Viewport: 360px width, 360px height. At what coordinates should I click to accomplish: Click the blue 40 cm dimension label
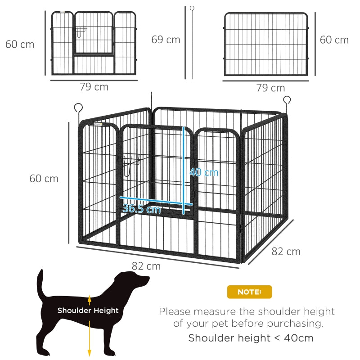(x=204, y=172)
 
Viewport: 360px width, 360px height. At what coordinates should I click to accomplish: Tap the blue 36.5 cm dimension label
(x=141, y=209)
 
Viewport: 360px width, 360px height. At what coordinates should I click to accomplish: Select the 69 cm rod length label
(x=166, y=40)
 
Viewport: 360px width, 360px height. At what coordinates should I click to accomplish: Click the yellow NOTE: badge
(x=249, y=292)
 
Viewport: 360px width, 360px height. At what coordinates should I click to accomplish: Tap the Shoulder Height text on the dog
(x=88, y=310)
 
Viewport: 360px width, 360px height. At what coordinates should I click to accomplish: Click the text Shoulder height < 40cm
(x=251, y=338)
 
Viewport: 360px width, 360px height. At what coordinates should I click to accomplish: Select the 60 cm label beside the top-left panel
(x=20, y=45)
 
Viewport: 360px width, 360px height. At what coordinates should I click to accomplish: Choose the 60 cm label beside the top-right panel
(x=334, y=40)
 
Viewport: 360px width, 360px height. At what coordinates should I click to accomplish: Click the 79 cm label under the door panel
(x=94, y=87)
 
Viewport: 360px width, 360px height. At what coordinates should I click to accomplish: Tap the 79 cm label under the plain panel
(x=270, y=88)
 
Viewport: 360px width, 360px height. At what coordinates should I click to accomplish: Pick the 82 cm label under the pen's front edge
(x=146, y=266)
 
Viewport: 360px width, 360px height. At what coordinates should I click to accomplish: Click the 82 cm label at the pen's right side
(x=286, y=251)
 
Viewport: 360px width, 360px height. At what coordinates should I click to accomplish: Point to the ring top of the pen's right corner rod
(x=287, y=100)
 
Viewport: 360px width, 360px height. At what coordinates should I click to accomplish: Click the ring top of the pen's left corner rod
(x=79, y=108)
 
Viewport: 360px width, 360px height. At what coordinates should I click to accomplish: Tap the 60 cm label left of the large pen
(x=44, y=179)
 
